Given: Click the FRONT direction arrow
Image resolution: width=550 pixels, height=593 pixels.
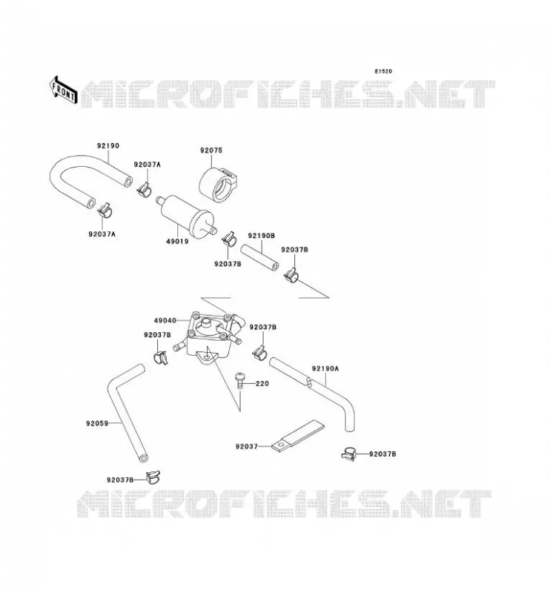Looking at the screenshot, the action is coord(64,90).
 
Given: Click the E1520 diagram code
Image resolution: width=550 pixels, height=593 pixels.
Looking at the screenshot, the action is coord(383,71).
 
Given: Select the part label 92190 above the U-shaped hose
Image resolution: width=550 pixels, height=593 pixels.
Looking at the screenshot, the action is coord(108,145).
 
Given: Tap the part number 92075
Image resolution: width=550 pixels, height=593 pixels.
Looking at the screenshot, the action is coord(211,150).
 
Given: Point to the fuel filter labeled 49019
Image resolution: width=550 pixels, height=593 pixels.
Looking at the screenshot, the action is coord(187,214).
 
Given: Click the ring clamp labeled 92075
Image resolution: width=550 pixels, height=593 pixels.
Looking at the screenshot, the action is coord(217,185).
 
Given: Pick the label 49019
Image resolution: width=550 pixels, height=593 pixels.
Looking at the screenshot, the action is coord(177,241).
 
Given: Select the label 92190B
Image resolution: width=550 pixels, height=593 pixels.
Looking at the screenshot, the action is coord(262,236).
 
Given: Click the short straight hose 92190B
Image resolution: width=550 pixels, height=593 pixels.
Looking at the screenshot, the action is coord(260,257).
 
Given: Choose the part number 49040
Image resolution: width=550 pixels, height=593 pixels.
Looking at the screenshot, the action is coord(165,320).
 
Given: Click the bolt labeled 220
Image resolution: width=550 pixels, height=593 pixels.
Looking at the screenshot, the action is coord(240,380).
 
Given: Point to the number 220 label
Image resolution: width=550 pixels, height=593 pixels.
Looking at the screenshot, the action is coord(262,383).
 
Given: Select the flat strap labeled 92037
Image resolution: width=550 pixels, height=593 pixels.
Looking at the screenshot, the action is coord(298,436).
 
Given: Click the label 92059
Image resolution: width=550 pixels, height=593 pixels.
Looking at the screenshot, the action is coord(97,423).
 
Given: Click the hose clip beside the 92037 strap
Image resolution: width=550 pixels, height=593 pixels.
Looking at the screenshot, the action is coord(349,453).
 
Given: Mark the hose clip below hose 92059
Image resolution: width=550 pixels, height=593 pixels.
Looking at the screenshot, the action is coord(153,477).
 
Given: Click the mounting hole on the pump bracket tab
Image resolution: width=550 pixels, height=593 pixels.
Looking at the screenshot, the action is coord(207,357).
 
